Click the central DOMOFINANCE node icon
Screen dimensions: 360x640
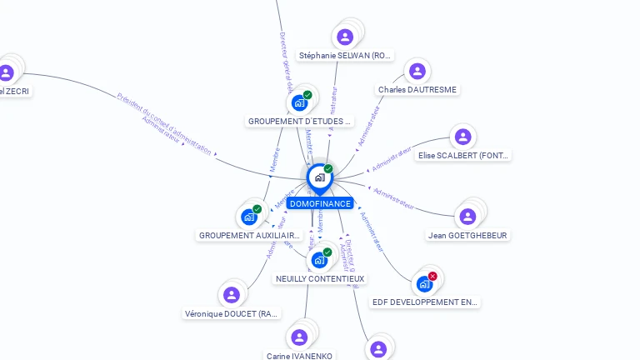(x=319, y=177)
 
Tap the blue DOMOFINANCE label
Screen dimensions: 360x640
(x=320, y=203)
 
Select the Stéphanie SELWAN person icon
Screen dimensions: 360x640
(x=345, y=37)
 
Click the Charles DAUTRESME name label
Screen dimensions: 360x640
(x=417, y=89)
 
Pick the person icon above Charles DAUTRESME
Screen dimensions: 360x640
(x=417, y=71)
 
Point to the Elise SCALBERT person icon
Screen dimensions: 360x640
(x=463, y=137)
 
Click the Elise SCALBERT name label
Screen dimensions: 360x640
(x=463, y=156)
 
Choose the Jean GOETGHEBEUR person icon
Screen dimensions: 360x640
(x=467, y=217)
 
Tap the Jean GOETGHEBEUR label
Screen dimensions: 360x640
(x=467, y=235)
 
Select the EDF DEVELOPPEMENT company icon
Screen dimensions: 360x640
(x=424, y=284)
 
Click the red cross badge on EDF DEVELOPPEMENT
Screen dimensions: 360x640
(x=432, y=276)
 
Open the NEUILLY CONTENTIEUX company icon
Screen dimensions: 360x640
(x=319, y=261)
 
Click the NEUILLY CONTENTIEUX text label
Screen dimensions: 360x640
(x=320, y=278)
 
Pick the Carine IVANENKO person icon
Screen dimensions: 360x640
(x=299, y=337)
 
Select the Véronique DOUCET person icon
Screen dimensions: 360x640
(x=232, y=295)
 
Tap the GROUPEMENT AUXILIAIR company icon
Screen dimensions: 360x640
(x=248, y=217)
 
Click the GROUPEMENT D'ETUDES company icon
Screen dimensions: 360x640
(x=299, y=103)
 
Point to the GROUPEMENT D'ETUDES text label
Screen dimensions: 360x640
(x=300, y=121)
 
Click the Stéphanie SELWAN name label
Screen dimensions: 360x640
(x=345, y=56)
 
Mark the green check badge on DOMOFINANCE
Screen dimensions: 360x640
(x=328, y=168)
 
